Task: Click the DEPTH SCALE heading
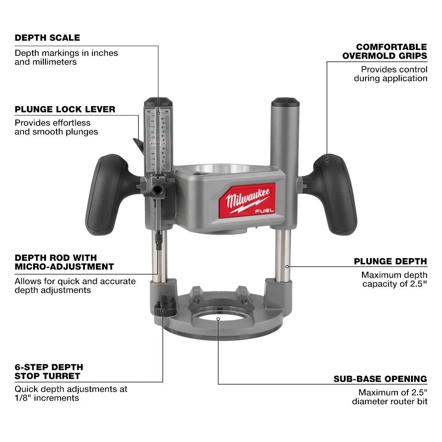47,38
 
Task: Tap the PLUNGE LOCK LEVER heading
65,109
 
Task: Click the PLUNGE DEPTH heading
390,261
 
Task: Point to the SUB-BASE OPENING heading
380,379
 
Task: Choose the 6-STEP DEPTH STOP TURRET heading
49,372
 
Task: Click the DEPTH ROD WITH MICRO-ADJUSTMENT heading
64,262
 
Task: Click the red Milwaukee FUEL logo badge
250,200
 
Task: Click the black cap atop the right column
285,102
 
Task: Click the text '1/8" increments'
47,398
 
